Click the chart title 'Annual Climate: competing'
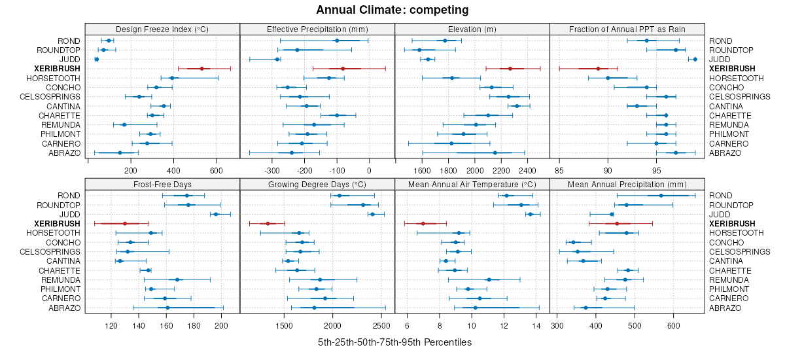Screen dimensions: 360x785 coord(392,10)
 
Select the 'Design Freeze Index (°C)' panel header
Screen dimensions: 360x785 coord(162,29)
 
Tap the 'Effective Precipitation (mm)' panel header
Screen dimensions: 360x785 coord(317,29)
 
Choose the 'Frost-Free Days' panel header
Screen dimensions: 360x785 coord(162,184)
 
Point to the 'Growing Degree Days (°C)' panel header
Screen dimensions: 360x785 coord(317,184)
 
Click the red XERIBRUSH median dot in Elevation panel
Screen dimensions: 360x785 coord(510,69)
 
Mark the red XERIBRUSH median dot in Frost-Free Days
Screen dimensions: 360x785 coord(125,224)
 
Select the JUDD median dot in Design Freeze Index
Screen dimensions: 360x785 coord(97,60)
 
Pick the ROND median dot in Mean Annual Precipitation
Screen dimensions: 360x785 coord(661,196)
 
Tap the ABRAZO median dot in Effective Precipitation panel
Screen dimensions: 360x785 coord(292,153)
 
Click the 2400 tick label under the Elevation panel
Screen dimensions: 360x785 coord(527,171)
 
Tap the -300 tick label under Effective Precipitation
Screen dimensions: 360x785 coord(271,171)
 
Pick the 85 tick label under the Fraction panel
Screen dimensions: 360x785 coord(559,171)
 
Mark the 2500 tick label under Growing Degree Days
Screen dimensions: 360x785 coord(381,325)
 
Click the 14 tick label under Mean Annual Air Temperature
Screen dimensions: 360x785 coord(536,325)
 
